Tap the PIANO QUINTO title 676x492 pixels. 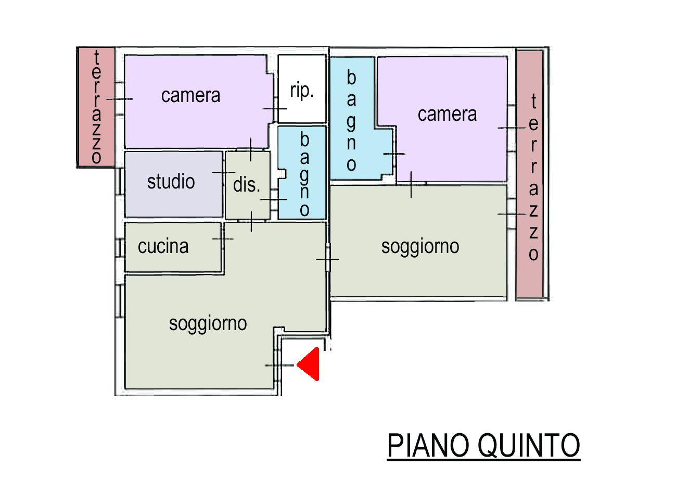(x=483, y=446)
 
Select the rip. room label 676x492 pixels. (x=302, y=90)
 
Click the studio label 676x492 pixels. (x=171, y=182)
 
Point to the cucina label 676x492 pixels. (x=163, y=246)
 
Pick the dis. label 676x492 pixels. (x=246, y=184)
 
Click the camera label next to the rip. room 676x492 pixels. (x=191, y=96)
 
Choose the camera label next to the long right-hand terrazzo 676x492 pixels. (x=447, y=115)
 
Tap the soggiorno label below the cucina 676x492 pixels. (x=208, y=324)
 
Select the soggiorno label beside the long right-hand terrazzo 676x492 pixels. (x=420, y=247)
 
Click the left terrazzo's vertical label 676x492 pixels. (x=97, y=107)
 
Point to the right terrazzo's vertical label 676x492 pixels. (x=533, y=177)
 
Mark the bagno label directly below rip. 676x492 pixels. (x=304, y=174)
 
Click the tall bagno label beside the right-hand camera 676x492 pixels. (x=351, y=120)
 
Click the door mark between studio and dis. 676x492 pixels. (x=224, y=172)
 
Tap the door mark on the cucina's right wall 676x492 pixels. (x=223, y=239)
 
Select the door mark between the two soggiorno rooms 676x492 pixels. (x=327, y=259)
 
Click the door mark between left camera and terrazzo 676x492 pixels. (x=120, y=99)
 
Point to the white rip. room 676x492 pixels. (x=302, y=89)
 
